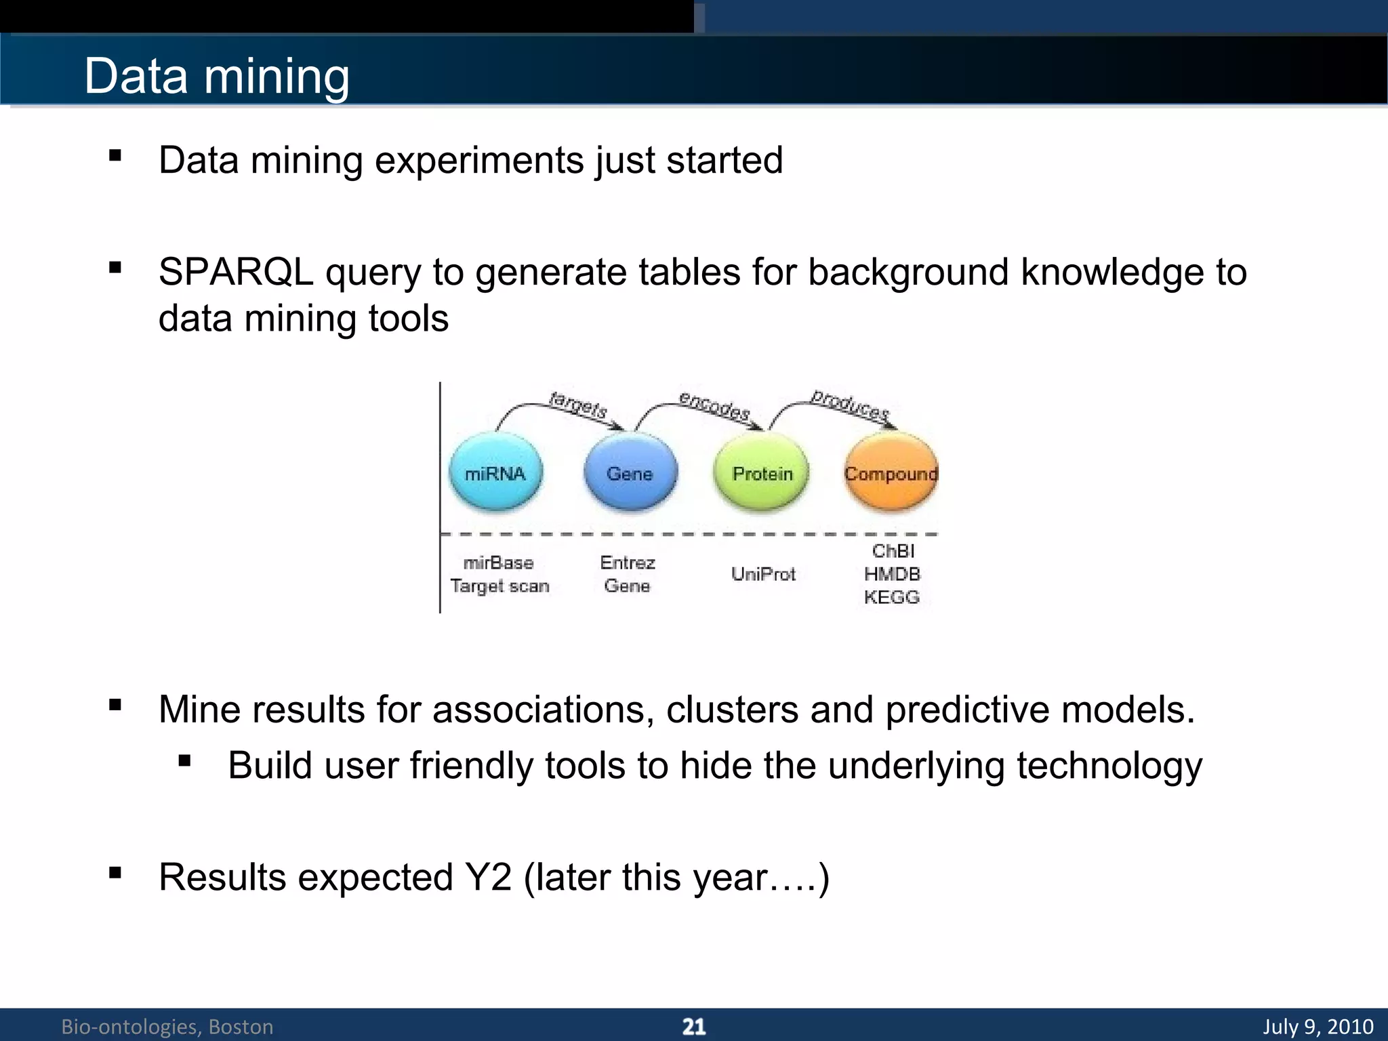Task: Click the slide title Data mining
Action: point(217,76)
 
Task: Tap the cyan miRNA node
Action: point(495,473)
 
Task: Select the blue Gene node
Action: point(630,473)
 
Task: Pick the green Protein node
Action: point(762,473)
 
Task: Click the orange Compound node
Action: point(891,473)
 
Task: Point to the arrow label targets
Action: point(578,405)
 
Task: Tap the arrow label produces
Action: point(850,405)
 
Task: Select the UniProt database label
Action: point(763,575)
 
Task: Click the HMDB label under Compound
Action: point(892,575)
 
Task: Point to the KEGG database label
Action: point(891,598)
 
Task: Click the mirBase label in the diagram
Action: point(498,563)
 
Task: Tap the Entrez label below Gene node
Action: point(628,563)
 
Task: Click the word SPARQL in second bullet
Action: point(236,272)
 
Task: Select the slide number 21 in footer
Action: point(693,1027)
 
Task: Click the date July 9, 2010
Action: point(1318,1027)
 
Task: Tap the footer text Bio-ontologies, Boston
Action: point(167,1027)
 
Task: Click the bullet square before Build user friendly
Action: point(184,761)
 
